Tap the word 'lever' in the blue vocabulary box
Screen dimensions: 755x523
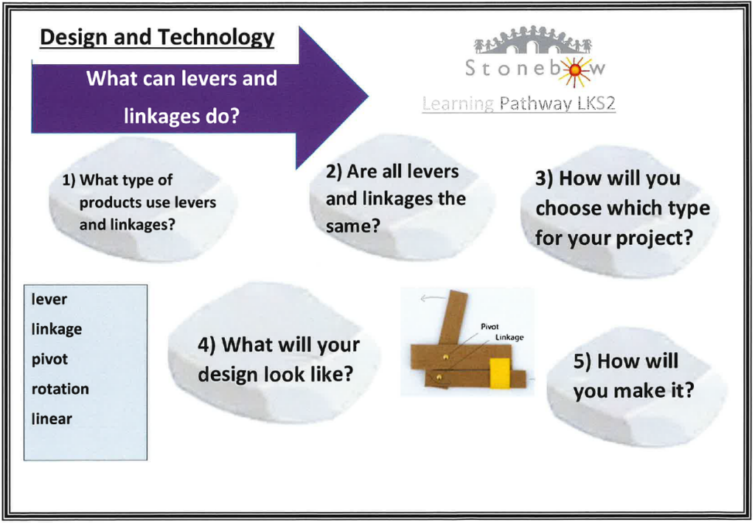[x=49, y=299]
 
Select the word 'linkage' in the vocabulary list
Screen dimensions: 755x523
[x=57, y=330]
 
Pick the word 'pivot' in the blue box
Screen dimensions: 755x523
[x=49, y=360]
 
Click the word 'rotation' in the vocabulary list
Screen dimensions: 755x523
[x=60, y=389]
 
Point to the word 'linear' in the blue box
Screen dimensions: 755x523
[x=52, y=419]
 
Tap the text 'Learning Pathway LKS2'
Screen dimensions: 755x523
[x=518, y=103]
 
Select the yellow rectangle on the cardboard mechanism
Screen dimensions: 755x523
[x=500, y=373]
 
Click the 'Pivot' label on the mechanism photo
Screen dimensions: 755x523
[x=490, y=327]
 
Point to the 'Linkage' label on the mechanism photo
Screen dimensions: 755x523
[x=509, y=338]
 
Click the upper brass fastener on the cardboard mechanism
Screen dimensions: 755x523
[x=445, y=357]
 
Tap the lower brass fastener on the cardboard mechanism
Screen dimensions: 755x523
[x=438, y=378]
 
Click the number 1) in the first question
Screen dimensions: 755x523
[x=69, y=181]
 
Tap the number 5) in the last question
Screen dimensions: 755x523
[x=582, y=362]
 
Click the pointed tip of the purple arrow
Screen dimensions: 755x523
[x=368, y=97]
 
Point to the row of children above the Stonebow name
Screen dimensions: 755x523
[x=532, y=41]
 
